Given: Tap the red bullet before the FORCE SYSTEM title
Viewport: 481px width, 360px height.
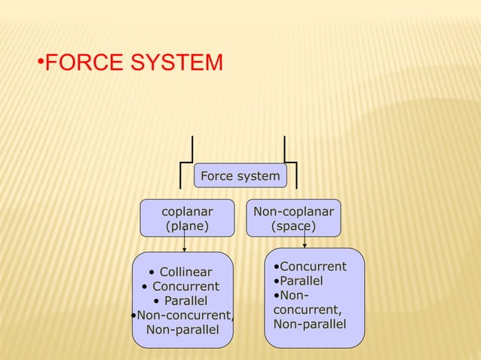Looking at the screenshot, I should click(x=41, y=62).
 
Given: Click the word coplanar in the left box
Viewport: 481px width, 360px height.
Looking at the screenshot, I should click(x=188, y=212).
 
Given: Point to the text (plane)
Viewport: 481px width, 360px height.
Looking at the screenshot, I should click(x=188, y=226).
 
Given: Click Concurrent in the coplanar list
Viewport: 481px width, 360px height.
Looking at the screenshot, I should click(x=185, y=286).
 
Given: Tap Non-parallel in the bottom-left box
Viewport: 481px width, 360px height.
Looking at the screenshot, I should click(x=182, y=330).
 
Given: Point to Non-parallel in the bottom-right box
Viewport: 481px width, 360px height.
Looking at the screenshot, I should click(x=310, y=324).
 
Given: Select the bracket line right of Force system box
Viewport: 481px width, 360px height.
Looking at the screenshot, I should click(x=296, y=172).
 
